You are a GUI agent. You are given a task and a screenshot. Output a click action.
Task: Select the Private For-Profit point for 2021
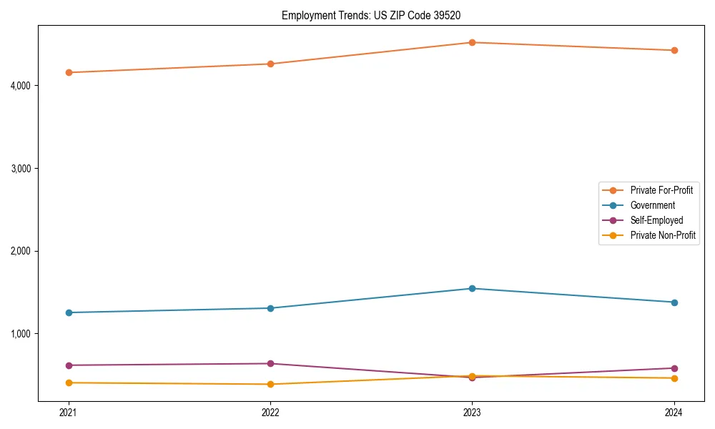coord(69,72)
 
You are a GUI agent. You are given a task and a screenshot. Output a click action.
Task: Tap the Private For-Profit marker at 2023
coord(472,42)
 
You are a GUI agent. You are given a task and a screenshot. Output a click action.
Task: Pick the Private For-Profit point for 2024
coord(674,50)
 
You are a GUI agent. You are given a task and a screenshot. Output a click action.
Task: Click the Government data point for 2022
coord(270,308)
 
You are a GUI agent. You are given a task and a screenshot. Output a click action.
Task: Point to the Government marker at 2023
coord(472,288)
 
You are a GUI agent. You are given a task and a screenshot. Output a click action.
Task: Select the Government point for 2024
coord(674,302)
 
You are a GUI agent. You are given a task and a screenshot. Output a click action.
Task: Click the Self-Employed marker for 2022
coord(270,363)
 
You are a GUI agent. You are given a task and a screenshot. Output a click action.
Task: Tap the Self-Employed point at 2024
coord(674,368)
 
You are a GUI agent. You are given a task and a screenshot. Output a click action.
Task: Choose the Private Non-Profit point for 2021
coord(69,383)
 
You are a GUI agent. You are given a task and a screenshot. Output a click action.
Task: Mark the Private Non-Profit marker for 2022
coord(270,384)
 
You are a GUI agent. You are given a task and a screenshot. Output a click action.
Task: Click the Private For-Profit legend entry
coord(661,190)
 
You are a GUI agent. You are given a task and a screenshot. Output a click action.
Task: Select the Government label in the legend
coord(652,205)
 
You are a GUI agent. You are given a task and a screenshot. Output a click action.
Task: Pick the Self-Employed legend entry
coord(656,220)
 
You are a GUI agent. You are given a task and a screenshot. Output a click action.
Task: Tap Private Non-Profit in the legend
coord(663,235)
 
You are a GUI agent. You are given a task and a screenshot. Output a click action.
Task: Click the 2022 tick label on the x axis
coord(270,413)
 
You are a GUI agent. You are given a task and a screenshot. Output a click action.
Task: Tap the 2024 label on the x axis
coord(674,413)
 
